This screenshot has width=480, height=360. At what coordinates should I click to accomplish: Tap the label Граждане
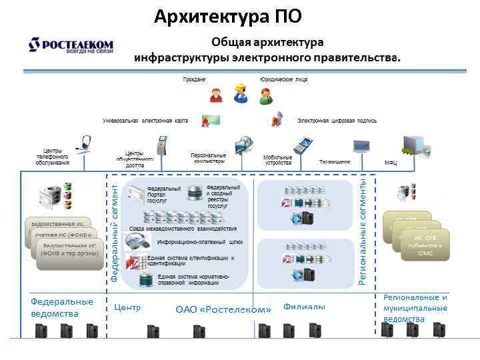[195, 79]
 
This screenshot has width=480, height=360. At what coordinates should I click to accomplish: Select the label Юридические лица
[283, 79]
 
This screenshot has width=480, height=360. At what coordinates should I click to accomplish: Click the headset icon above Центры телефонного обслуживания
[85, 143]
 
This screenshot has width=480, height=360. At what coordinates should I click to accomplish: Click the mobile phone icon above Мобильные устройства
[303, 143]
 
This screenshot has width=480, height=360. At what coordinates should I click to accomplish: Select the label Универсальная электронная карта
[145, 121]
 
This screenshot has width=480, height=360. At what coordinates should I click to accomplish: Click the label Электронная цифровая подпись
[337, 121]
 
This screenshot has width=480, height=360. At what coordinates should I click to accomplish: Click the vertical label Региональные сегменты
[363, 227]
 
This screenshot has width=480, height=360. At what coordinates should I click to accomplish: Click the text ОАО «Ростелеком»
[223, 309]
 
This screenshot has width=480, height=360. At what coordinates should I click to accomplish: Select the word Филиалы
[304, 307]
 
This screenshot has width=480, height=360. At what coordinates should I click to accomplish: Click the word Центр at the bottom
[127, 308]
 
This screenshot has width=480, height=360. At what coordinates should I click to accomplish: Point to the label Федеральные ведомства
[62, 307]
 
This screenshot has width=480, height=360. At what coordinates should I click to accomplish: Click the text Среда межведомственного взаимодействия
[186, 229]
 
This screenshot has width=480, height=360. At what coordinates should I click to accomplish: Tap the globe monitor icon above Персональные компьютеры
[243, 144]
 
